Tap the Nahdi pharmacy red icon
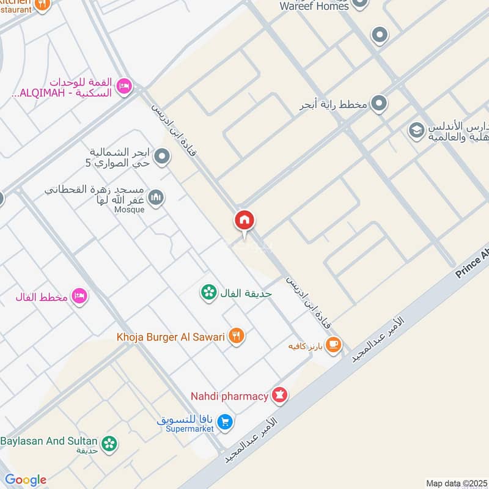pos(280,396)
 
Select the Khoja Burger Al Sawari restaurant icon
pos(237,336)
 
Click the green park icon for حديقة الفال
pos(209,293)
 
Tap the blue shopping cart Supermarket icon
pos(225,422)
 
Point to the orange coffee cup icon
pos(333,345)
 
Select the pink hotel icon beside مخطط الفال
pos(79,296)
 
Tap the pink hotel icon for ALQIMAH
pos(124,87)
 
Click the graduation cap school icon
pos(416,131)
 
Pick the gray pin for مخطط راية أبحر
pos(379,103)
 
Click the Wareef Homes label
pos(314,6)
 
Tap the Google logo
pos(25,480)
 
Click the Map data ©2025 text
pos(456,483)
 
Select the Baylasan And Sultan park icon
pos(109,443)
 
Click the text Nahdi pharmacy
pos(230,396)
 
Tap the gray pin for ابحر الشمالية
pos(162,157)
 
